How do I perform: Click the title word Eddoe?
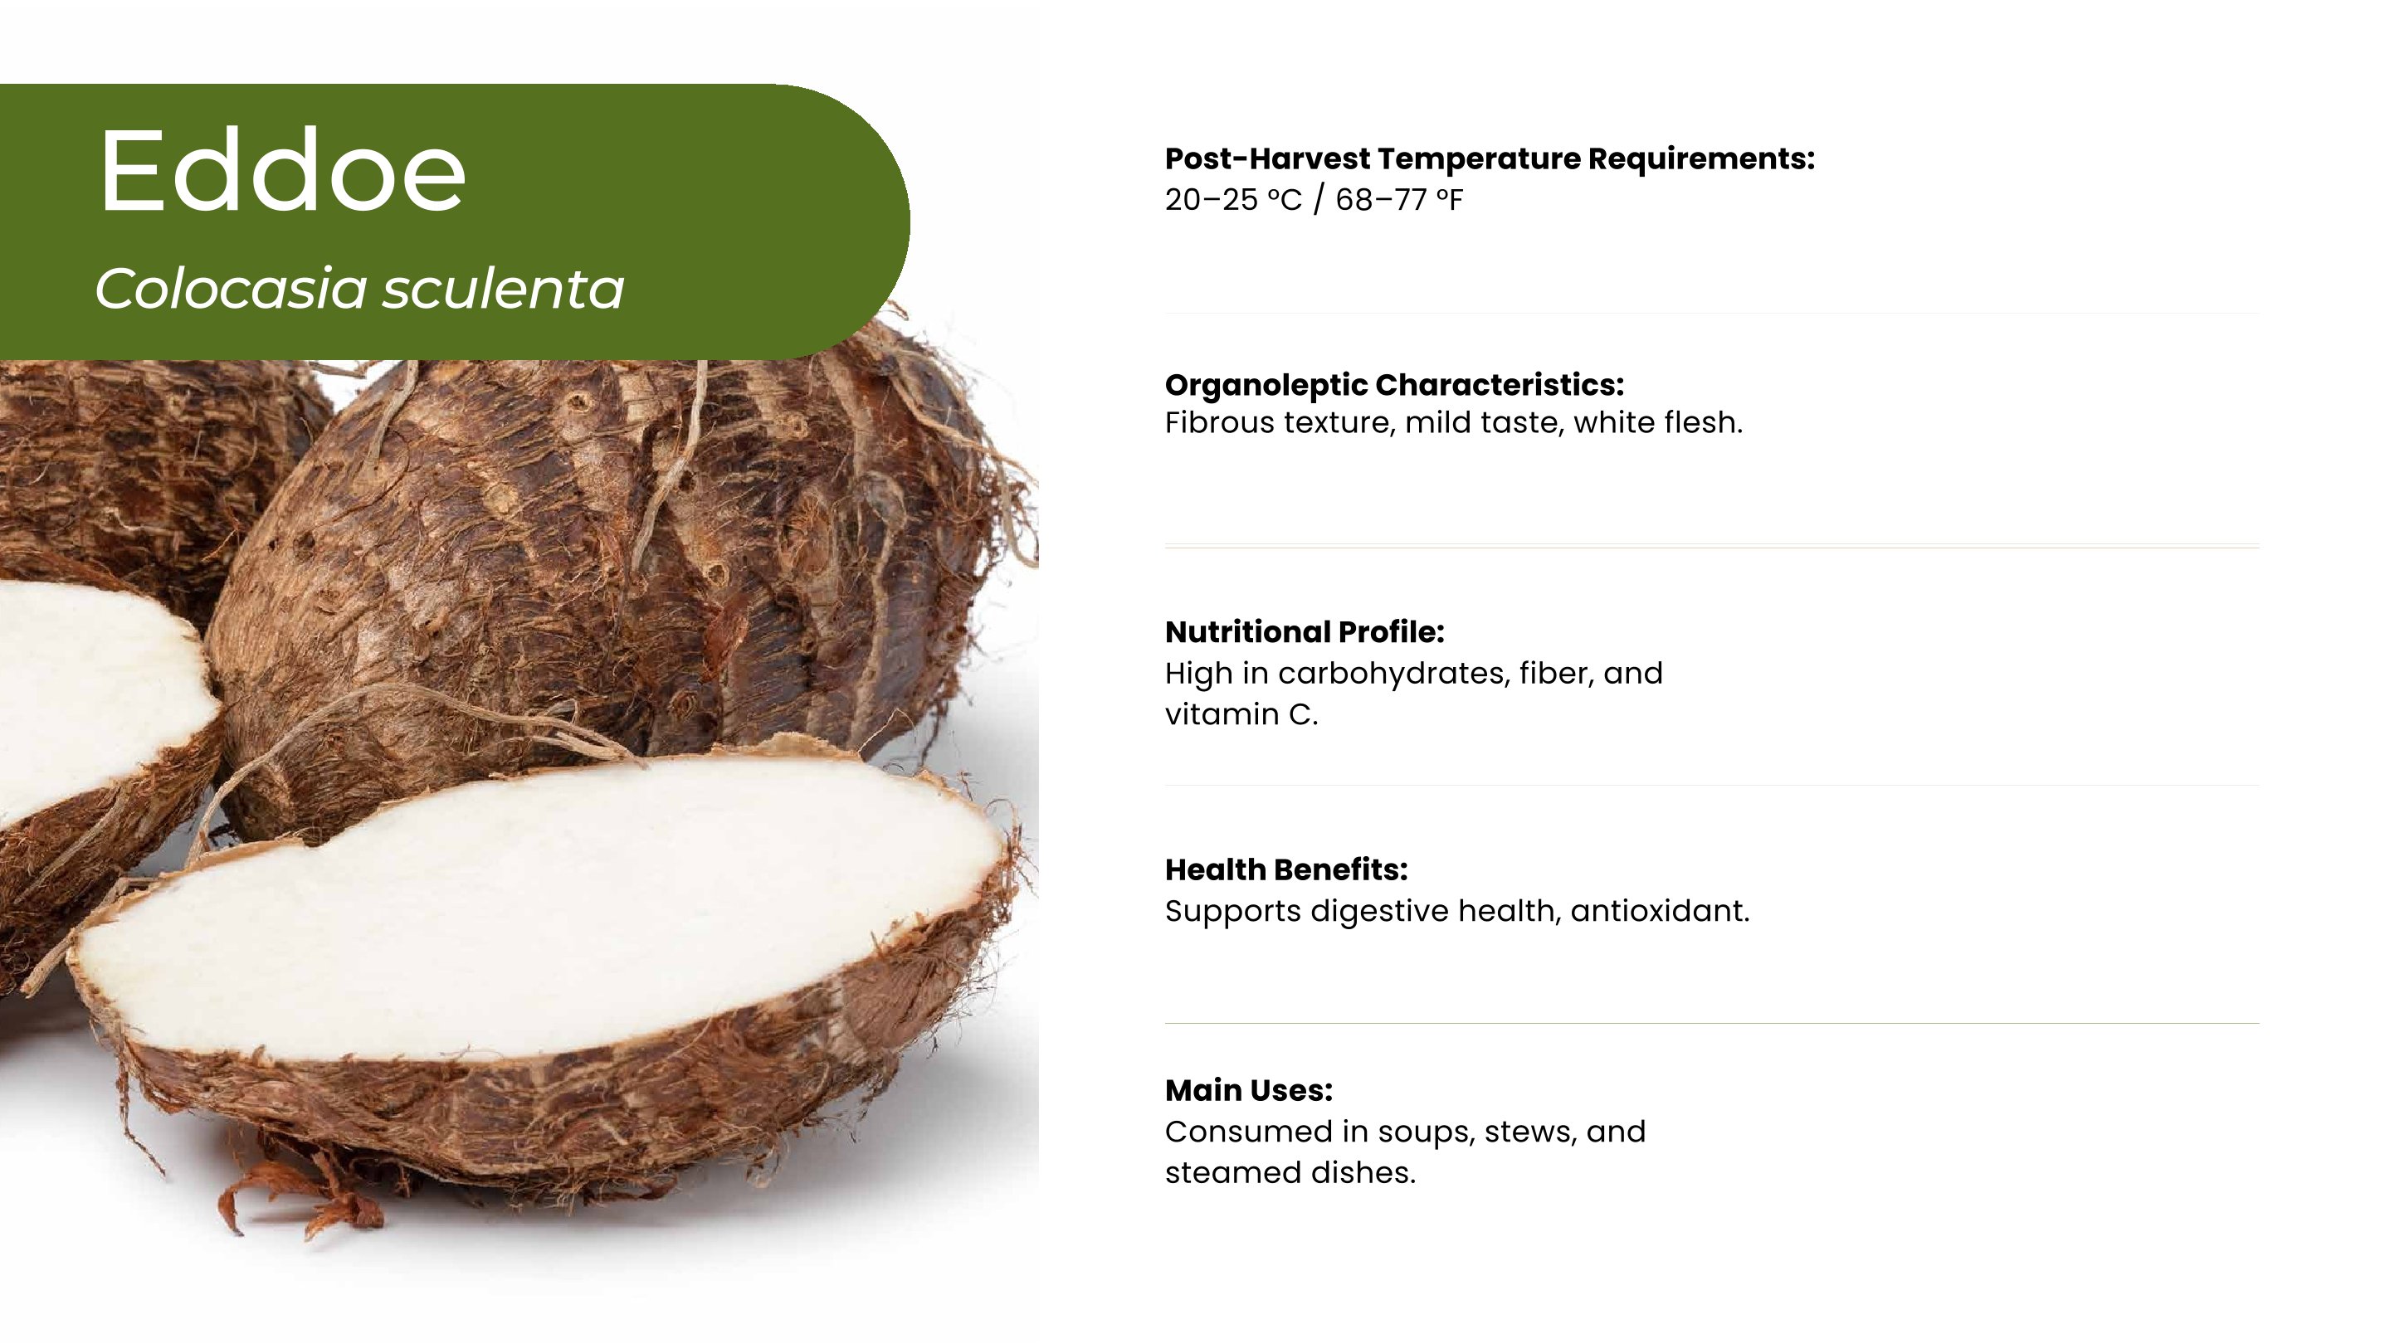282,171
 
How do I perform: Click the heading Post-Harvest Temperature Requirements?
1489,158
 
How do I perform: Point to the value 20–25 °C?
1233,199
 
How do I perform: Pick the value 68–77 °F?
1399,199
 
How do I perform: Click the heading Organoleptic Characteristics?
1394,385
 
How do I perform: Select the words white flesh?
1658,423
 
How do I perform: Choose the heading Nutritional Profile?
1305,631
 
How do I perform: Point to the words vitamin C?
1241,714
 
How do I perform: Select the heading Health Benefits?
1286,869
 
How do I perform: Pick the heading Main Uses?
1249,1090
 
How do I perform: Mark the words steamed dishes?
1290,1172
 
